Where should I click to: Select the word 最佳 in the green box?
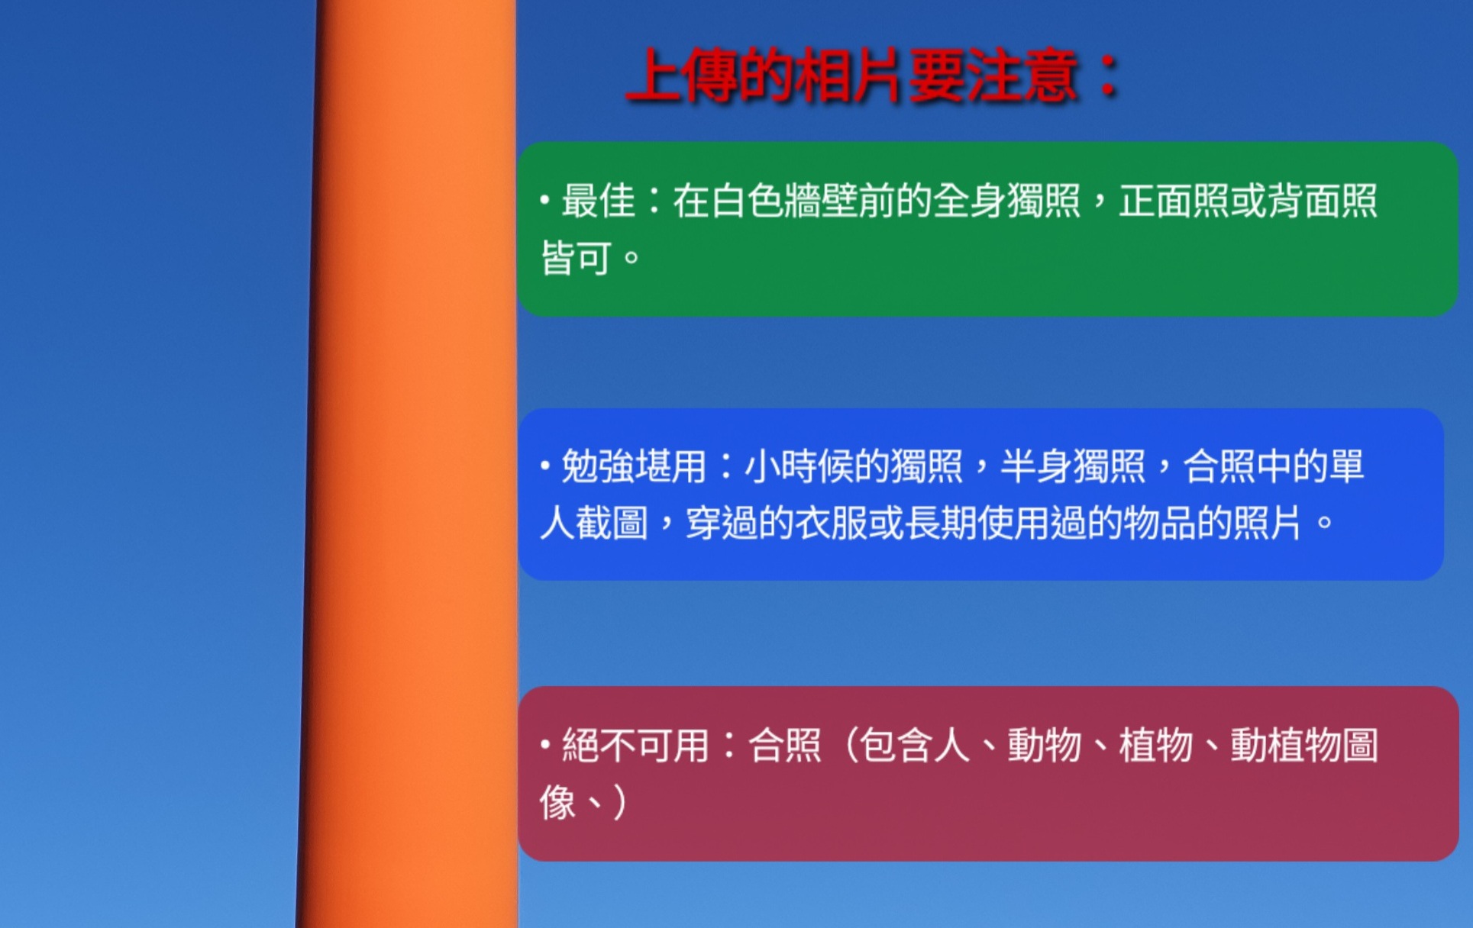click(599, 201)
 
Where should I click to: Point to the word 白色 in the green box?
click(747, 201)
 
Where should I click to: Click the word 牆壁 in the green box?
click(821, 201)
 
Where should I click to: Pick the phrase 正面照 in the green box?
click(1174, 201)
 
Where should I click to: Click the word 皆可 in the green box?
click(577, 258)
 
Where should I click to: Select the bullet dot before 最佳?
click(544, 201)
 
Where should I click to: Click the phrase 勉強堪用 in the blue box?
click(634, 466)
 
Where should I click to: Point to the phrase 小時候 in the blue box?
click(799, 466)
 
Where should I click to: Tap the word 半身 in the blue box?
click(1037, 466)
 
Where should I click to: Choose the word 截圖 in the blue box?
click(612, 524)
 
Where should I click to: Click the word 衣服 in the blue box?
click(832, 524)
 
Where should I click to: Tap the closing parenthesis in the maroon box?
click(619, 803)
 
